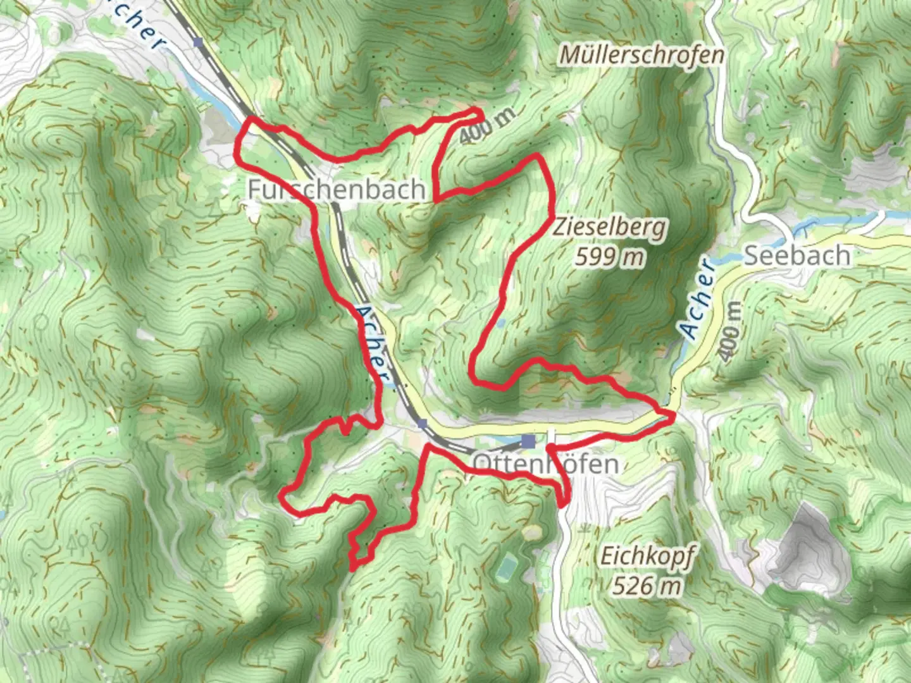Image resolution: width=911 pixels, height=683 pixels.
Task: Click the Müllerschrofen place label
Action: [641, 56]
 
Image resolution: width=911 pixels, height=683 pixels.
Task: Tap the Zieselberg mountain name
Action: [610, 227]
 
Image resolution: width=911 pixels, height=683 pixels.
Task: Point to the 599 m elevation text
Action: [610, 257]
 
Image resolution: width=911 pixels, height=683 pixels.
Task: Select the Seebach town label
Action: [796, 256]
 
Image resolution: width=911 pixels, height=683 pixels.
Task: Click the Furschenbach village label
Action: [337, 189]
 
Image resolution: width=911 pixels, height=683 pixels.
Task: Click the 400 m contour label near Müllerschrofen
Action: [487, 125]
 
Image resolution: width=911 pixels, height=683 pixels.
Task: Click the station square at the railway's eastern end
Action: [528, 441]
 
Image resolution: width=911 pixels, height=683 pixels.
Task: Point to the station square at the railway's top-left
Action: [200, 42]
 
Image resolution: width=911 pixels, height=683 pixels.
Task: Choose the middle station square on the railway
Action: [422, 423]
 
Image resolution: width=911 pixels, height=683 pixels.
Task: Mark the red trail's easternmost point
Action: [672, 415]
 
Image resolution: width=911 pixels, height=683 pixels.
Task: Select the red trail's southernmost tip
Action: [352, 567]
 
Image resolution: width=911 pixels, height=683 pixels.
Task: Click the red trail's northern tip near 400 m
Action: [478, 111]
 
